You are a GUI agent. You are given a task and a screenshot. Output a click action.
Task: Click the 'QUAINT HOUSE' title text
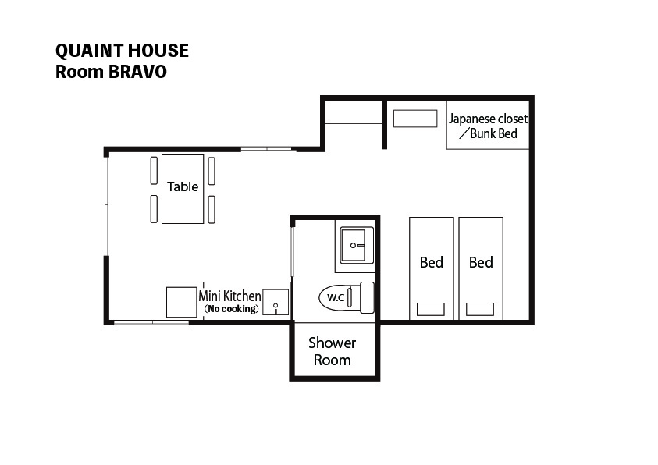click(x=122, y=51)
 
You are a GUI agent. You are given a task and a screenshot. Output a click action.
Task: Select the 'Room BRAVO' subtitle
click(x=111, y=72)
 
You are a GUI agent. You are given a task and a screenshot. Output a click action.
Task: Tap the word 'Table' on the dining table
click(x=183, y=186)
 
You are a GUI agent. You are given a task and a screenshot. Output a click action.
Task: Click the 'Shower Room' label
click(x=333, y=351)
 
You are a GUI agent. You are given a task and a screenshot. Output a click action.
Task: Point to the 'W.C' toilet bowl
click(x=334, y=297)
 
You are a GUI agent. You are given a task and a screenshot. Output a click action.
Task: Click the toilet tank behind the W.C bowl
click(x=367, y=297)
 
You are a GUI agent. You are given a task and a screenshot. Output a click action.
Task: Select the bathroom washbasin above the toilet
click(x=356, y=245)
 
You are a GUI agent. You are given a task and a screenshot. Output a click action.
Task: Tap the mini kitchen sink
click(x=276, y=302)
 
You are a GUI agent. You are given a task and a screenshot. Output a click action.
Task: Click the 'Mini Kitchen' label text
click(x=230, y=296)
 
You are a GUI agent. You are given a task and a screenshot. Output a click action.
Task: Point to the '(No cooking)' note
click(x=231, y=309)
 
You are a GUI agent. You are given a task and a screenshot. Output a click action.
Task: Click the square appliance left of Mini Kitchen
click(x=182, y=302)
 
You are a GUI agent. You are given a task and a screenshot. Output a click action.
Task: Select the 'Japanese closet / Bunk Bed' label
click(x=488, y=126)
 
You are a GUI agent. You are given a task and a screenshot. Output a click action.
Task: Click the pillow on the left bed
click(x=431, y=309)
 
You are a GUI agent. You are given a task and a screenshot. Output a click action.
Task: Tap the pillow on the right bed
click(x=480, y=309)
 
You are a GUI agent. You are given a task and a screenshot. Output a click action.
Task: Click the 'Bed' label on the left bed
click(x=432, y=262)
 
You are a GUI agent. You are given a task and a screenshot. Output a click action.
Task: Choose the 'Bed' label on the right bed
click(x=481, y=262)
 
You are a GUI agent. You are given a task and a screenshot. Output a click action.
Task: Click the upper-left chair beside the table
click(x=154, y=170)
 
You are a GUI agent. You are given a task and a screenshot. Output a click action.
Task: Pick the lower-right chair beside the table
click(x=212, y=209)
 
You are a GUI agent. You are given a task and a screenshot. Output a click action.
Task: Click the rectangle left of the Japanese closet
click(x=415, y=119)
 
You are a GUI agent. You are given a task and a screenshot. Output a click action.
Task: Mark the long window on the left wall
click(x=107, y=206)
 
